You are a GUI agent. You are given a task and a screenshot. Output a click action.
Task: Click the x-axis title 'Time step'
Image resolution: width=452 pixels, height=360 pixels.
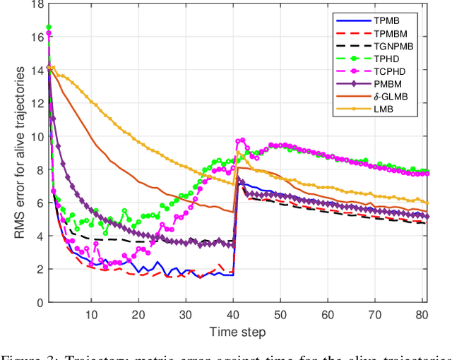click(x=237, y=331)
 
